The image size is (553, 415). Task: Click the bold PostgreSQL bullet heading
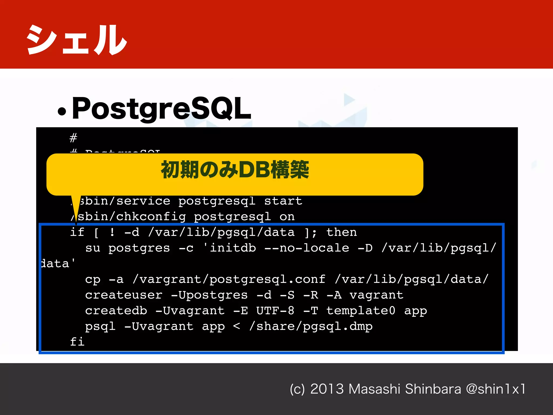click(161, 109)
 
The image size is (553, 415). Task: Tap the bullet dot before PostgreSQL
click(62, 111)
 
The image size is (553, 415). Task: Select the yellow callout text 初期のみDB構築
click(235, 170)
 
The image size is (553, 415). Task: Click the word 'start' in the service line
click(283, 201)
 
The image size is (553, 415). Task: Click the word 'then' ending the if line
click(342, 232)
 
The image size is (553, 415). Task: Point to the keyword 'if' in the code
click(77, 232)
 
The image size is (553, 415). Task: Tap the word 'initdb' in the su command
click(233, 248)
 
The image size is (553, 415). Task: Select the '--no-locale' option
click(307, 248)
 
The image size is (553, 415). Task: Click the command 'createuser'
click(124, 295)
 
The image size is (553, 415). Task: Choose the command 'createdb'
click(116, 311)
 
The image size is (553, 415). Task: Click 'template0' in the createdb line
click(361, 311)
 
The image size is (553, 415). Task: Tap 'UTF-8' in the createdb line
click(275, 311)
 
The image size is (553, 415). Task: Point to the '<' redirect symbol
click(237, 326)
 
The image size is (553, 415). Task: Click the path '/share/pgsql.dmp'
click(311, 326)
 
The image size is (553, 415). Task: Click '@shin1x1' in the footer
click(496, 389)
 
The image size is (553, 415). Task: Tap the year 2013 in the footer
click(327, 389)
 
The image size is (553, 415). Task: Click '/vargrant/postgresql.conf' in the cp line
click(229, 279)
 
